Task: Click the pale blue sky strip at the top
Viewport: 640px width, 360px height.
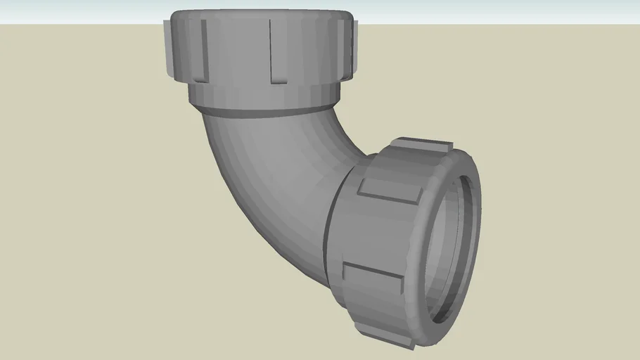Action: (x=492, y=11)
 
